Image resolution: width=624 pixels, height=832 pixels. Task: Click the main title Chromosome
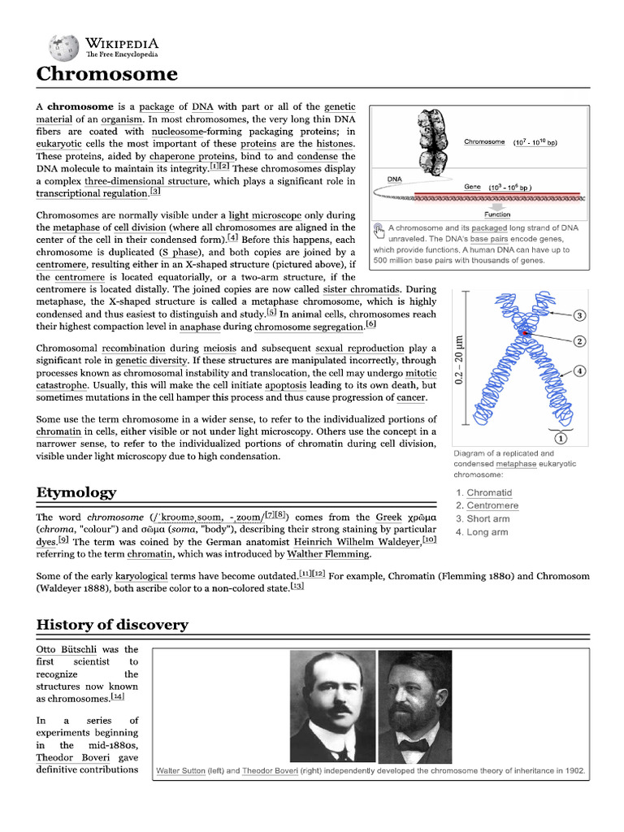pyautogui.click(x=106, y=74)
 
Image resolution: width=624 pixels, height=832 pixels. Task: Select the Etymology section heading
pyautogui.click(x=76, y=492)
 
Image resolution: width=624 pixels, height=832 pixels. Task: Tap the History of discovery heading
pyautogui.click(x=112, y=625)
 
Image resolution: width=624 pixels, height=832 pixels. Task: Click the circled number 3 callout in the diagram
pyautogui.click(x=580, y=315)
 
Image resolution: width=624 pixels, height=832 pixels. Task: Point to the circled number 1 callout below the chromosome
pyautogui.click(x=561, y=438)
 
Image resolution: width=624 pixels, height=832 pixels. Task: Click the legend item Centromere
pyautogui.click(x=492, y=505)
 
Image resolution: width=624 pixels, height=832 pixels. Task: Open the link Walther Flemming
pyautogui.click(x=327, y=554)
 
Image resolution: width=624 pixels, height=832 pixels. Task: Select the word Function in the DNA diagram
pyautogui.click(x=497, y=214)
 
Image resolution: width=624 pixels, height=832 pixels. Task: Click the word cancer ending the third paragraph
pyautogui.click(x=410, y=398)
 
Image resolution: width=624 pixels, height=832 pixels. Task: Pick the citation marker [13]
pyautogui.click(x=297, y=587)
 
